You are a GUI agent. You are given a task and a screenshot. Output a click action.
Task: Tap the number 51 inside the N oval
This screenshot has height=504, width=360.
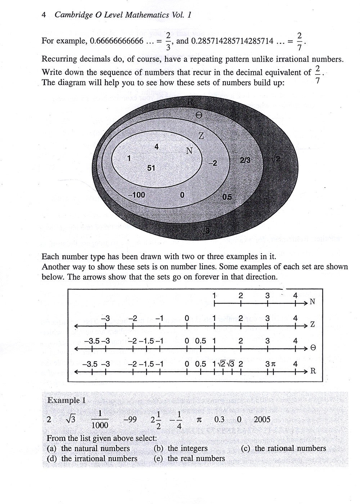pos(151,168)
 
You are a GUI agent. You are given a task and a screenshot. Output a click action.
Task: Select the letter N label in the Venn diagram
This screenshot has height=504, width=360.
pos(189,151)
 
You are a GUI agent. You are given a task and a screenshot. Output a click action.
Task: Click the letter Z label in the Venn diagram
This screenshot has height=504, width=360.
pos(201,136)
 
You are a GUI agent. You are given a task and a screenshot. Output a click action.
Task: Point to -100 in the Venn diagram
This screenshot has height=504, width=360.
pos(136,195)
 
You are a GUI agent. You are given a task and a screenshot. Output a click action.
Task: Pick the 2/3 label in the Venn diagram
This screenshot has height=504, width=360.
pos(245,161)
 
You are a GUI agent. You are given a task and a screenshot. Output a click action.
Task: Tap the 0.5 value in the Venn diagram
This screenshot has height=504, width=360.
pos(227,197)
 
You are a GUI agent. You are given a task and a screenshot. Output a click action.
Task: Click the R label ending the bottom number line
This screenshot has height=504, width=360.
pos(313,371)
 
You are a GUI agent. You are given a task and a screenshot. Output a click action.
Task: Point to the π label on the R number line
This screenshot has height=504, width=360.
pos(273,364)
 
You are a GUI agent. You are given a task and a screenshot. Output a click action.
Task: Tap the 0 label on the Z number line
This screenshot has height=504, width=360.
pos(187,318)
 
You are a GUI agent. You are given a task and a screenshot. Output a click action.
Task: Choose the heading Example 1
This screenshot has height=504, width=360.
pos(67,400)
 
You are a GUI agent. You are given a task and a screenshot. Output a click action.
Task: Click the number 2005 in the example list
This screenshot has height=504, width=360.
pos(262,419)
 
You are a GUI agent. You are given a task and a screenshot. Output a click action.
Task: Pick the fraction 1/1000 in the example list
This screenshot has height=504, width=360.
pos(100,420)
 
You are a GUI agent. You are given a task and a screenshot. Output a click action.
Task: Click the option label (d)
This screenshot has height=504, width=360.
pos(52,459)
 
